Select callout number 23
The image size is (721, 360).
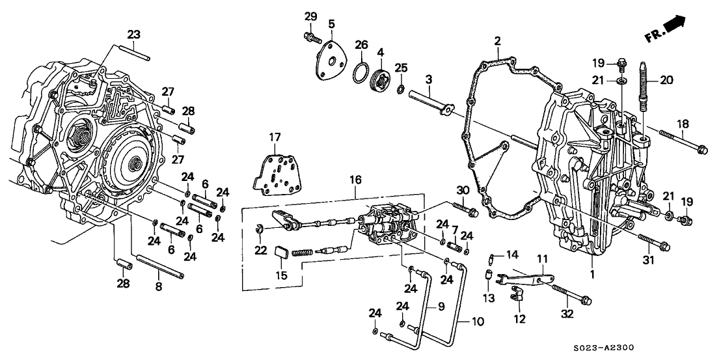(x=133, y=35)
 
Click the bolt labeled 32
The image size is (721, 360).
(x=569, y=294)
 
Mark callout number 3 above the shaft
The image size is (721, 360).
(x=429, y=80)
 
